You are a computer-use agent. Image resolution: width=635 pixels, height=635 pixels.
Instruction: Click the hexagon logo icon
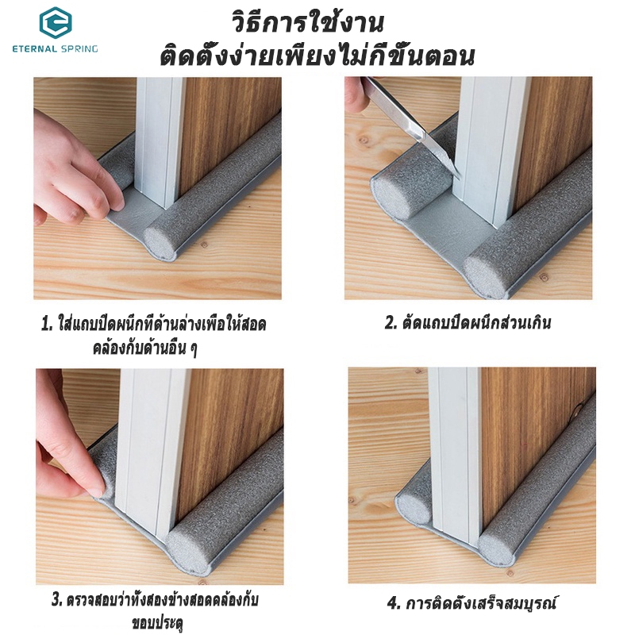(56, 21)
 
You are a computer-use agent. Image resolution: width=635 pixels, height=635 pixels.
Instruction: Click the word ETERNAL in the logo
(34, 49)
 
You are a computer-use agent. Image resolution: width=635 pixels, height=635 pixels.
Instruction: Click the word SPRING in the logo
(79, 49)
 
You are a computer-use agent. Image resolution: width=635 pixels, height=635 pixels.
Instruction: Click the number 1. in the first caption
(48, 324)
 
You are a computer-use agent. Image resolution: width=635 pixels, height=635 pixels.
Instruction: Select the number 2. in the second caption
(391, 323)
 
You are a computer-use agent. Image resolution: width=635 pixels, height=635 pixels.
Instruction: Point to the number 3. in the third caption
(57, 600)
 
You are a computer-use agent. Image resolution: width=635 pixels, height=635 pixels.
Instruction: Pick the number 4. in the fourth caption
(394, 603)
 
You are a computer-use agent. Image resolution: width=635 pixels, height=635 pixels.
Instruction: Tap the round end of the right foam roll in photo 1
(160, 243)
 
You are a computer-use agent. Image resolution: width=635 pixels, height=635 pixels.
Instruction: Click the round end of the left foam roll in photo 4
(412, 509)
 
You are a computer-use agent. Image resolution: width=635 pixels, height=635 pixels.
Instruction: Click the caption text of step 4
(471, 603)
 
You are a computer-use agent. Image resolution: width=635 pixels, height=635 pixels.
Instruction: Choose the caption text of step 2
(468, 323)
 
